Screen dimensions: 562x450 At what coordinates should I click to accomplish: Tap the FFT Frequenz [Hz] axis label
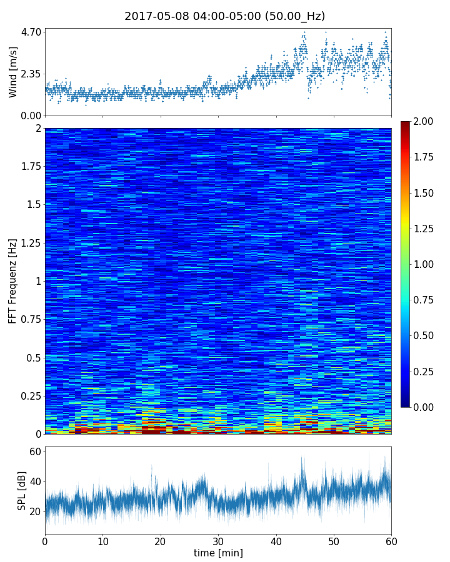(x=13, y=281)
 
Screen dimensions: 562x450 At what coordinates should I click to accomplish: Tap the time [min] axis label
(x=218, y=553)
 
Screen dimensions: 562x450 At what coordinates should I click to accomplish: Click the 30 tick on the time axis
(x=218, y=541)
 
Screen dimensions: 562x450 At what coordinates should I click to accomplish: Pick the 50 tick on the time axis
(x=334, y=541)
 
